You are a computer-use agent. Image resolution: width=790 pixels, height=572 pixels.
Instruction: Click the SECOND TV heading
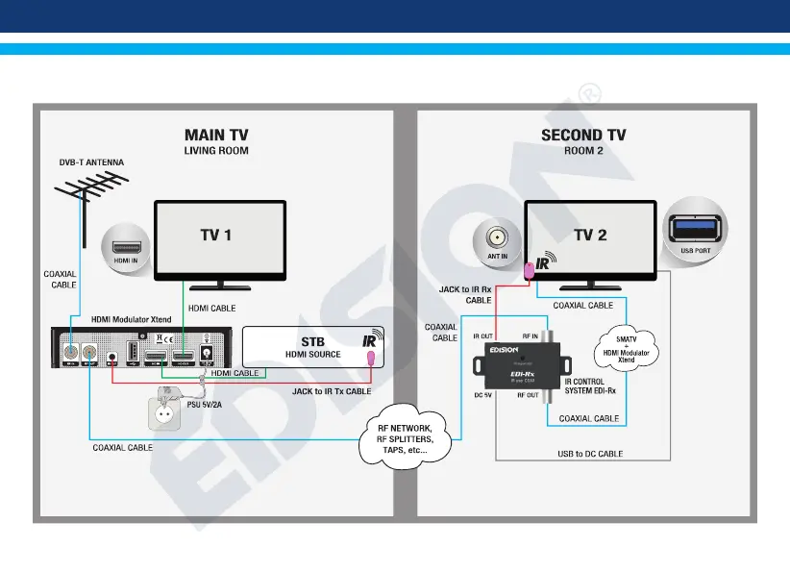[583, 135]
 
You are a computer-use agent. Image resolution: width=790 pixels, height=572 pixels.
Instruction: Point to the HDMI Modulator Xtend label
[132, 318]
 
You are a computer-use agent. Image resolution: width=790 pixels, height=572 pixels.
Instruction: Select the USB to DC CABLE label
[590, 453]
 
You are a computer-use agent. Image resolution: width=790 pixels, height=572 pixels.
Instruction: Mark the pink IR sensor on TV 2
[529, 271]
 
